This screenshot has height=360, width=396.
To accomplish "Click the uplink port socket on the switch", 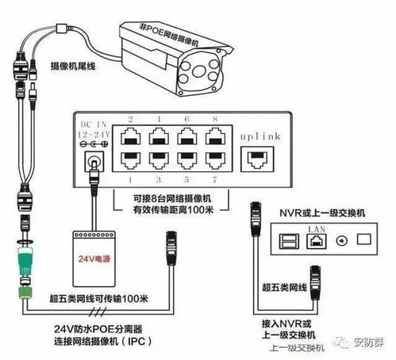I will coord(255,159).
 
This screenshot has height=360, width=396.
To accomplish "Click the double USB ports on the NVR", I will coord(289,242).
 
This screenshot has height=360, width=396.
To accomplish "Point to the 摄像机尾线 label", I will coord(74,70).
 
